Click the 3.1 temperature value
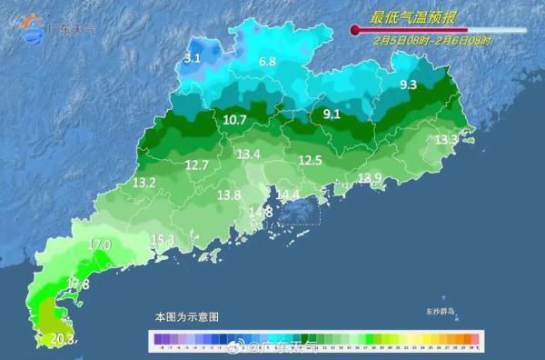(x=192, y=58)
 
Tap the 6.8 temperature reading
(x=267, y=62)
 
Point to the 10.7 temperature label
(x=234, y=119)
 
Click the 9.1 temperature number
(x=332, y=115)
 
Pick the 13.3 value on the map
(x=446, y=140)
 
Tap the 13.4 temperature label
(x=249, y=155)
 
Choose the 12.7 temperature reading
(x=196, y=165)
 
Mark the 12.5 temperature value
(x=311, y=161)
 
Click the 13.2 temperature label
(x=144, y=183)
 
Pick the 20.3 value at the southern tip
(x=62, y=339)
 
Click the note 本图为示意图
(x=186, y=317)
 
